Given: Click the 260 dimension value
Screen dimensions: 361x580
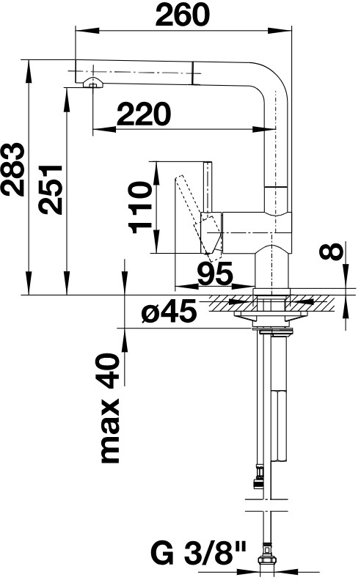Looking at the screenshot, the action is (182, 15).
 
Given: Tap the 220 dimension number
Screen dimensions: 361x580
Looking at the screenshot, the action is (144, 114).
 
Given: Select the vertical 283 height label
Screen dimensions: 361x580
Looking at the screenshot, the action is (13, 169).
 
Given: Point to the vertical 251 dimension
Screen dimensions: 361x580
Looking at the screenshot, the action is (51, 189).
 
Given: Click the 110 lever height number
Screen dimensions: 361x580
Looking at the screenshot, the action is (140, 207).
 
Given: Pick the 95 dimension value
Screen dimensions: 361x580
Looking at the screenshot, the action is (215, 274).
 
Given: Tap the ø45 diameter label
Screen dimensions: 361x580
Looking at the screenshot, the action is (169, 311).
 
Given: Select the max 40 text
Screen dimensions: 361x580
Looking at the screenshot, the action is (110, 408).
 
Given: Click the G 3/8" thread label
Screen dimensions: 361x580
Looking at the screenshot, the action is (198, 554).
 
